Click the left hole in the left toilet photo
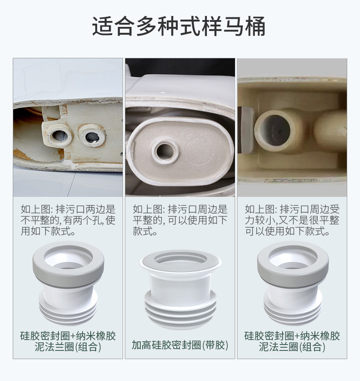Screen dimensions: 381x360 (59, 134)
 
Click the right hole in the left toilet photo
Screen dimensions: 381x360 (93, 136)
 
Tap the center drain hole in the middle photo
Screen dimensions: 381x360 (165, 149)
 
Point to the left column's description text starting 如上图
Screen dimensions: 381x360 (68, 220)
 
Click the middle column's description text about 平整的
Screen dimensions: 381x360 (180, 220)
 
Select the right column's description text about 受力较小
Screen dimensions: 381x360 (292, 220)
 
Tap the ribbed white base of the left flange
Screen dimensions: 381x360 (68, 310)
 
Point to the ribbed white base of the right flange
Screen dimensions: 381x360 (292, 310)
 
